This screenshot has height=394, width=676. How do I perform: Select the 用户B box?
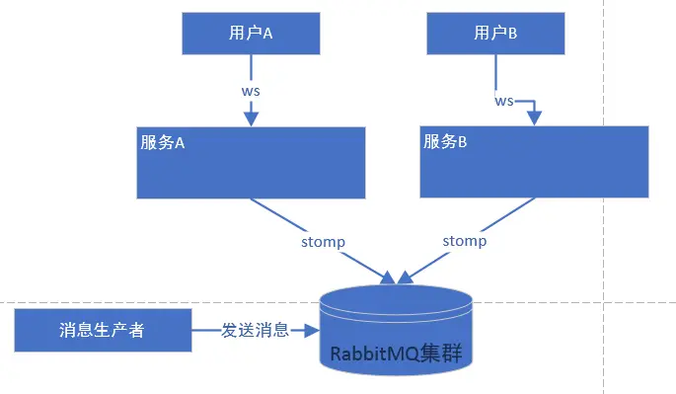[495, 33]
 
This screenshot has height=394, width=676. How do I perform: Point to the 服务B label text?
[445, 141]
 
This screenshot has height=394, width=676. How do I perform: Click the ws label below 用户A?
[251, 90]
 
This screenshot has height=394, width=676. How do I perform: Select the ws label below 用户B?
[504, 101]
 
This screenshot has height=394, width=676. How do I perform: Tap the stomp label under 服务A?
[322, 241]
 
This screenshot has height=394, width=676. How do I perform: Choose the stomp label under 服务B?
[464, 240]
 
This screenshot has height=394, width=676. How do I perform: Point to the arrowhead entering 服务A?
[251, 118]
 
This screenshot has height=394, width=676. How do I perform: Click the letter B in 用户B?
[512, 33]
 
